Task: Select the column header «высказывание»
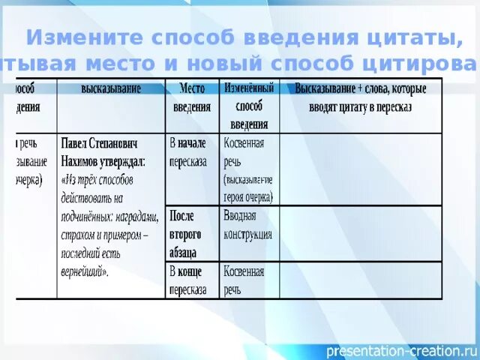pos(111,89)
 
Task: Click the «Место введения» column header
pos(192,97)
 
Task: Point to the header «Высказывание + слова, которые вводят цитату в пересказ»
pos(360,97)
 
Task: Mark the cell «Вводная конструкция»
pos(247,225)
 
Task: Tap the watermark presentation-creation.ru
pos(400,350)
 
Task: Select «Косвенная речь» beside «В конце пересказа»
pos(244,280)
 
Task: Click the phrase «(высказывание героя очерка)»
pos(248,189)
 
